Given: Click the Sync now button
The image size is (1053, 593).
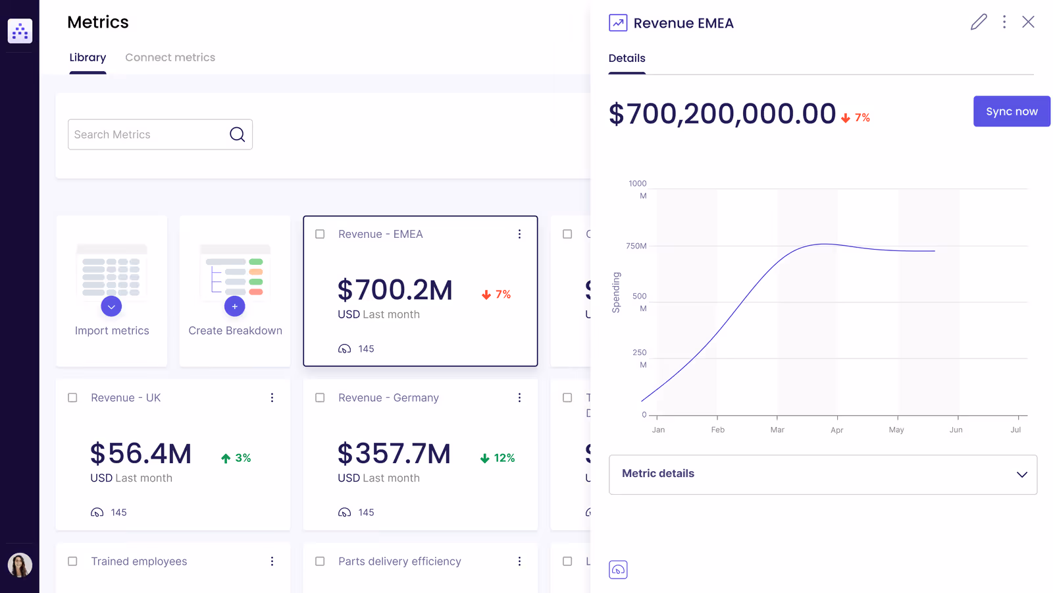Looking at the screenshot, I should coord(1012,111).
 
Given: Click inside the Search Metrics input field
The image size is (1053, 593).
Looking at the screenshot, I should coord(148,134).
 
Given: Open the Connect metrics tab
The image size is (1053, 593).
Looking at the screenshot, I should coord(170,57).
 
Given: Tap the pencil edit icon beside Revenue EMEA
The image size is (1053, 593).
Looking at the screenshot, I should coord(979,22).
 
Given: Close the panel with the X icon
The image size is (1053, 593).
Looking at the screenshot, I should coord(1028,22).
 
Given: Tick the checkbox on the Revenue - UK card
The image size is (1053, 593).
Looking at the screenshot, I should coord(72,398).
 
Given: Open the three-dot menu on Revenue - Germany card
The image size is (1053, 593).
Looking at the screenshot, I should coord(519,398).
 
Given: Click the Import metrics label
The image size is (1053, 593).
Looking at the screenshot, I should coord(112,331).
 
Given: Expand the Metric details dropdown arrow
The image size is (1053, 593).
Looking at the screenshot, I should coord(1021,474).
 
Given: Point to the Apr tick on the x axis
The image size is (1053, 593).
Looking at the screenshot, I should coord(836,430).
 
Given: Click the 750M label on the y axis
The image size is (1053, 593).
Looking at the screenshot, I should coord(636,246).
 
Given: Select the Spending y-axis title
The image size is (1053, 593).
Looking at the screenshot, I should coord(616,293).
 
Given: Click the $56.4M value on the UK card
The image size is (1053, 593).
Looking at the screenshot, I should coord(141,454).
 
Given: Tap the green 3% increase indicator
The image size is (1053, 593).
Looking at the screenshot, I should coord(236,458).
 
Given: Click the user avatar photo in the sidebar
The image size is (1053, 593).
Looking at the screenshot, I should coord(20,565).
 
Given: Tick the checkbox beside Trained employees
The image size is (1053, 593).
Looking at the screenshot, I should coord(72,561).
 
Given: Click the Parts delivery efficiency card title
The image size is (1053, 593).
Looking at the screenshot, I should coord(399,561).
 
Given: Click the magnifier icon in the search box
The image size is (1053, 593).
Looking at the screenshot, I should coord(237,134).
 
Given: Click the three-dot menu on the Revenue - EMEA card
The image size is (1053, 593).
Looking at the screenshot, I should coord(519,234).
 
